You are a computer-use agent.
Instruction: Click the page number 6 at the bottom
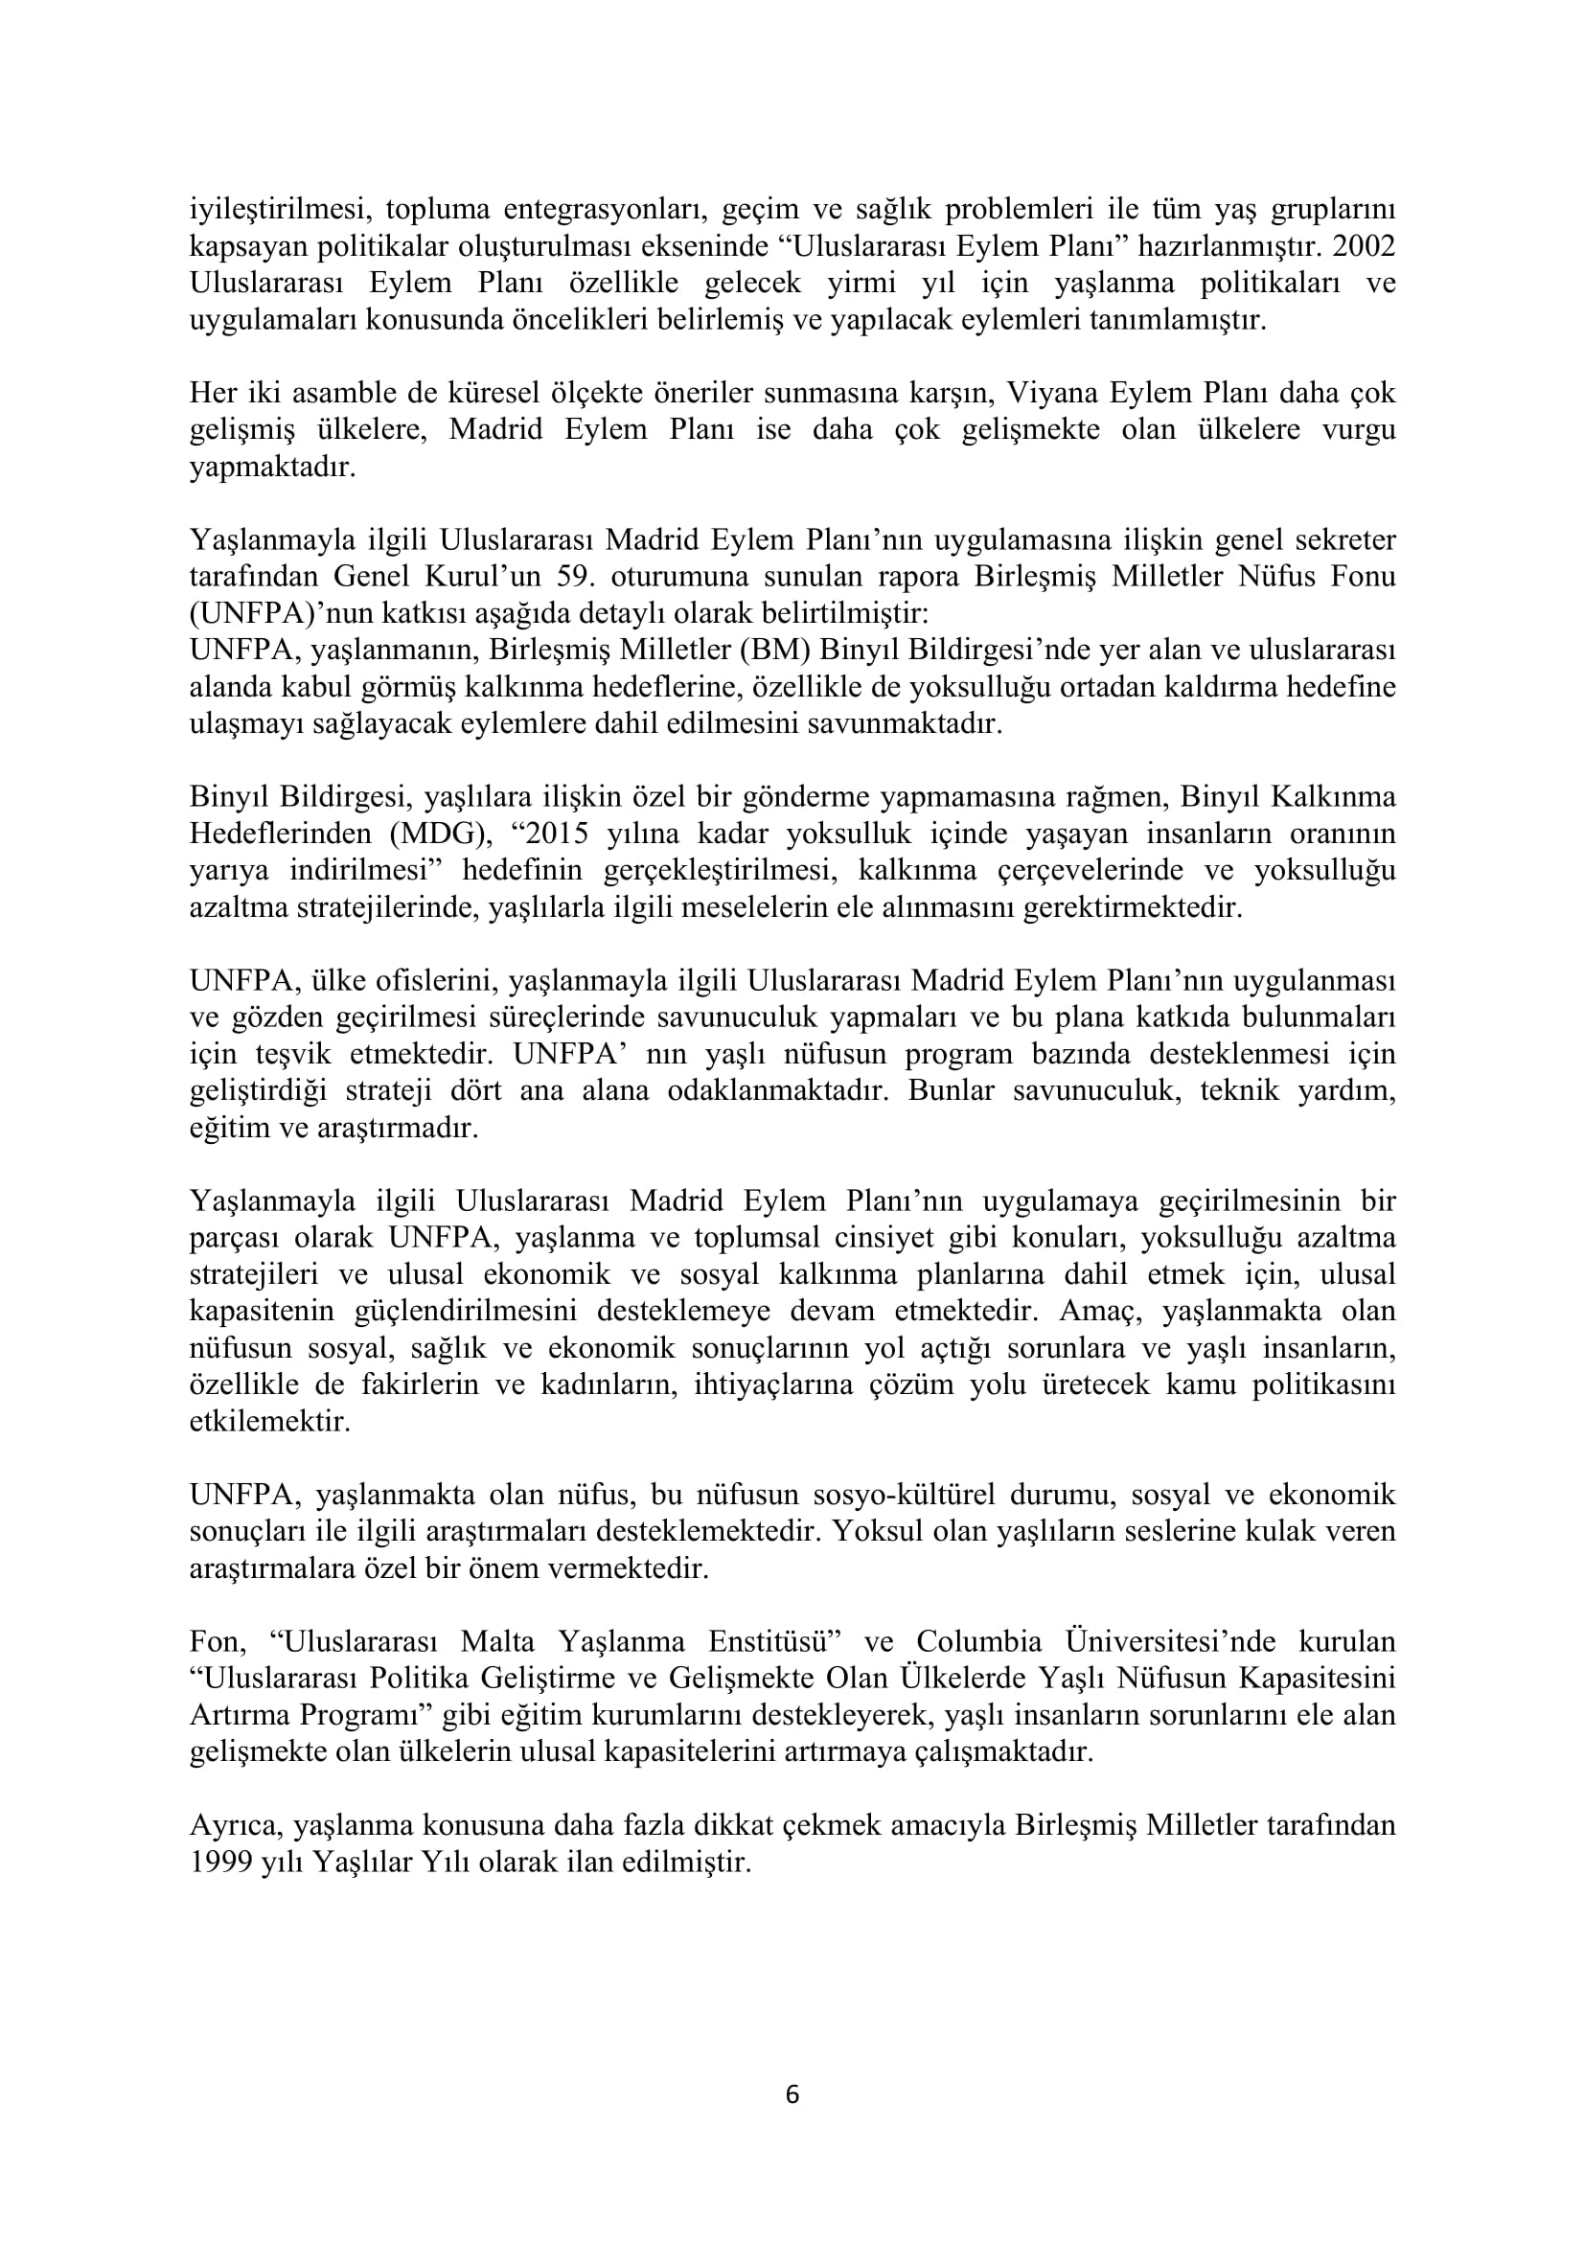tap(792, 2094)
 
